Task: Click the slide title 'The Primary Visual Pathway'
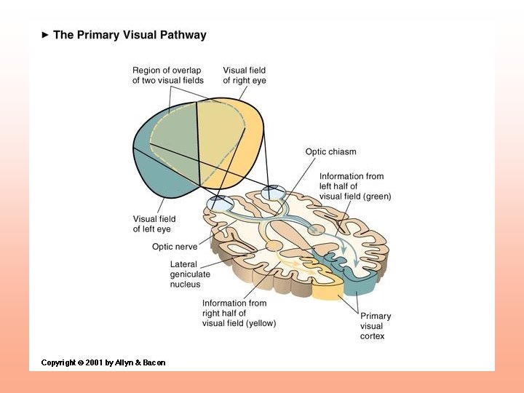130,35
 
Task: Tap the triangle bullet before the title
45,35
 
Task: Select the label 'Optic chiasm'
330,152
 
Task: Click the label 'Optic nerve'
175,247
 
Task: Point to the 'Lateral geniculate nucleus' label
190,274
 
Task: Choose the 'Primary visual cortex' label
375,326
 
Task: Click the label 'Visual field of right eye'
245,76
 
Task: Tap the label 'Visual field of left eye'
154,223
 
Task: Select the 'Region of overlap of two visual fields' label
168,76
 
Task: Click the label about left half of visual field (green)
354,186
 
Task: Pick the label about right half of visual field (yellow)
239,313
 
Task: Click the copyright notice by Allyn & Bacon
103,362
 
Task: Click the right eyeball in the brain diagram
274,192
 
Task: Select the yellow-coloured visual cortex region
330,292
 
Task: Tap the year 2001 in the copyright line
94,362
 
